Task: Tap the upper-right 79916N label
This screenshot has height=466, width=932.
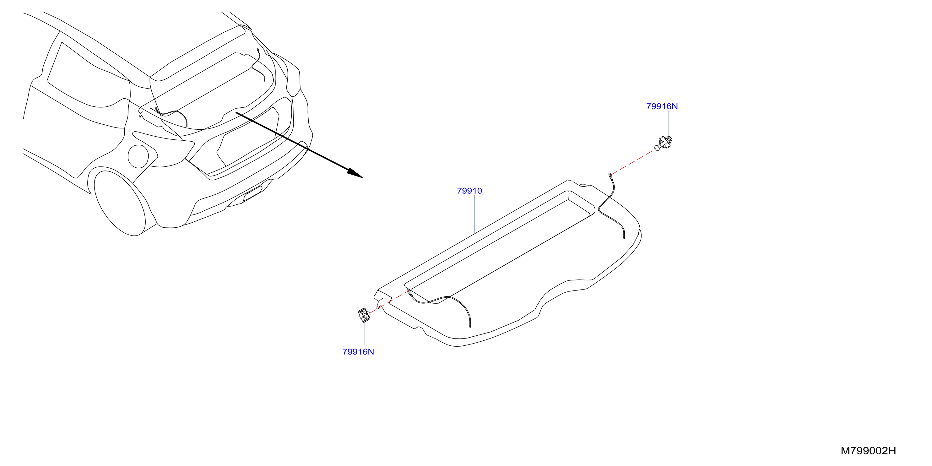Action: [x=662, y=106]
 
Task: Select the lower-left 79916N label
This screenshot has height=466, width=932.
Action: [x=358, y=352]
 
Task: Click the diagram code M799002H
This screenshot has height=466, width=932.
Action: [x=868, y=451]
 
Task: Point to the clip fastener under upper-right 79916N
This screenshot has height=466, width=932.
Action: [x=664, y=143]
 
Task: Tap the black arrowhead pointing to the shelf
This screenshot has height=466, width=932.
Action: [x=355, y=173]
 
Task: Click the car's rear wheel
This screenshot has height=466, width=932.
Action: [x=119, y=203]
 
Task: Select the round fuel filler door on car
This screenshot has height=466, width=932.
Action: [x=138, y=156]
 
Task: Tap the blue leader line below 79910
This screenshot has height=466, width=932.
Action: [x=475, y=214]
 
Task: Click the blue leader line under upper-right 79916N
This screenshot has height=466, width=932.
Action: [x=669, y=124]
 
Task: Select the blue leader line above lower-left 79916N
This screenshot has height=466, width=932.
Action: [x=365, y=333]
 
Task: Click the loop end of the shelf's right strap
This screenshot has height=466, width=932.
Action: [x=611, y=176]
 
